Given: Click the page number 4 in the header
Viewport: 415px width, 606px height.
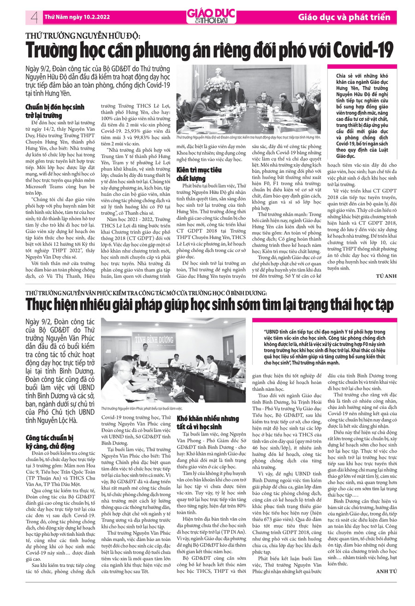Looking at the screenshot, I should point(34,18).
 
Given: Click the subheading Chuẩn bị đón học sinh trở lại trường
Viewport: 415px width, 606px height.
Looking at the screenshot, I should point(55,111).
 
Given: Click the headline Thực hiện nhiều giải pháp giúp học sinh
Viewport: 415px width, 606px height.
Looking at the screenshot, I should point(210,305).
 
